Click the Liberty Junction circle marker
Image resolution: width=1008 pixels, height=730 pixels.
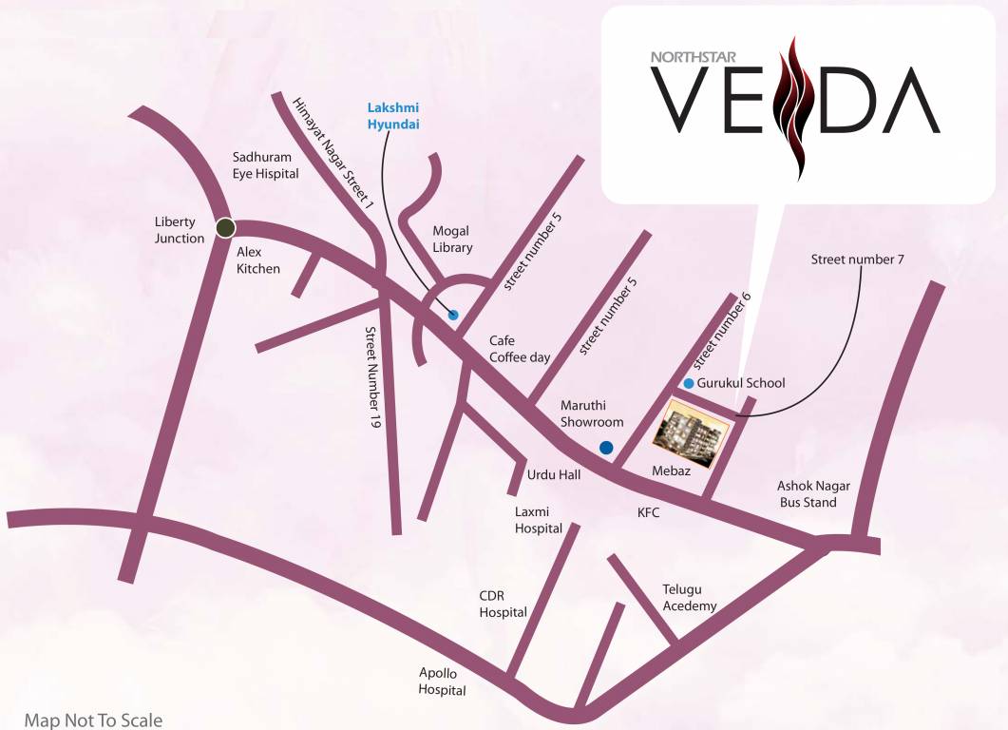[x=225, y=228]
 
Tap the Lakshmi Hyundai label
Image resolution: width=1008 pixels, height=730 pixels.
[x=393, y=116]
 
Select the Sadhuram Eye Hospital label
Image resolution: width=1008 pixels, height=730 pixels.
[x=266, y=165]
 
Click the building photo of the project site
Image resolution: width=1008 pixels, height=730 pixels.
[x=692, y=433]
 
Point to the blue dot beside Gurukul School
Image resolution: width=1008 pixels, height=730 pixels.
[x=689, y=383]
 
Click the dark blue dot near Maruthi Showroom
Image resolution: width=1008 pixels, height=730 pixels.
[x=605, y=448]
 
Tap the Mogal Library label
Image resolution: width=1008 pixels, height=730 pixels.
[x=452, y=240]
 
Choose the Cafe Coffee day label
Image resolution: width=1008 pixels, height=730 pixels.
[x=520, y=349]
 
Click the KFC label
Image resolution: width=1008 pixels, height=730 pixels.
[x=648, y=511]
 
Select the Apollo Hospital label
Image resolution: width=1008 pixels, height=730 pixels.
[x=443, y=682]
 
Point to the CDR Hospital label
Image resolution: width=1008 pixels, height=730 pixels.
[x=503, y=604]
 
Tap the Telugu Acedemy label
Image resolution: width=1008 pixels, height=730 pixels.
[x=690, y=598]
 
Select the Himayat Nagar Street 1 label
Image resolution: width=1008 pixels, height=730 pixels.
[x=333, y=152]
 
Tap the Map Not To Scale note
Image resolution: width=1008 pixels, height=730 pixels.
[x=93, y=720]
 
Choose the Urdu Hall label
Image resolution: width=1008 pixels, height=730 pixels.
[x=554, y=474]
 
